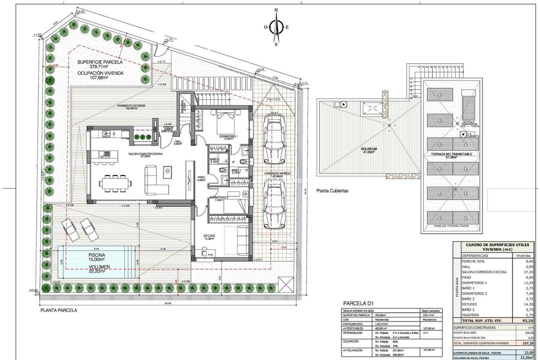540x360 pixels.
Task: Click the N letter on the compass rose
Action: (275, 9)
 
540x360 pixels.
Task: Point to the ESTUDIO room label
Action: (209, 236)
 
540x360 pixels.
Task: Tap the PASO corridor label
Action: (201, 178)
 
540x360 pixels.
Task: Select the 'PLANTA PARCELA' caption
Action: (59, 310)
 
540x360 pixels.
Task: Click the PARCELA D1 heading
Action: (358, 303)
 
